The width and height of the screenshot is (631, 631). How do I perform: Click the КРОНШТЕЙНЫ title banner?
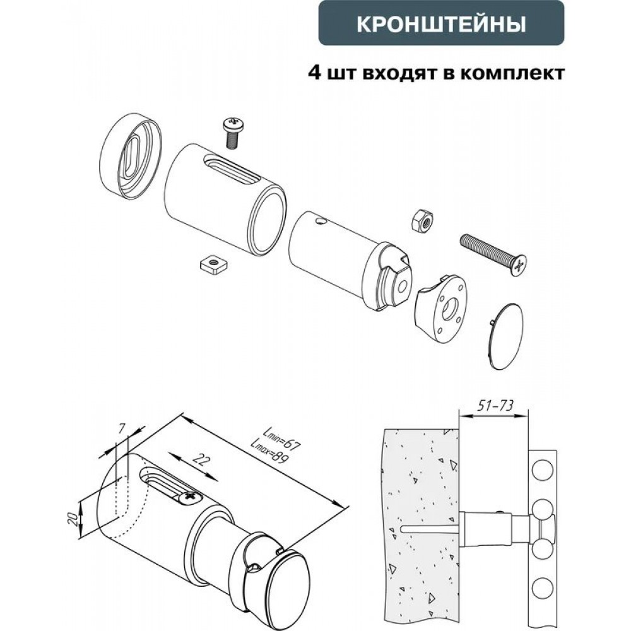[442, 23]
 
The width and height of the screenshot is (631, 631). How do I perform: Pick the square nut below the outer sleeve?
[213, 264]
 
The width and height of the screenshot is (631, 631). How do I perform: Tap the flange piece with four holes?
[440, 309]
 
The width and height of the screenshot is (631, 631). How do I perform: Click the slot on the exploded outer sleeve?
[232, 169]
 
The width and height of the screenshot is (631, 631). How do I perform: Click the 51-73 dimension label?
[495, 405]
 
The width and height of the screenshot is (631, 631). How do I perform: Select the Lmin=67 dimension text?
[281, 439]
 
